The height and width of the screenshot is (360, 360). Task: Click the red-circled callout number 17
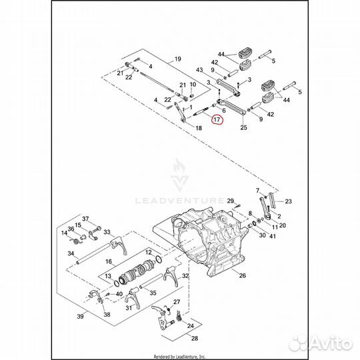217,119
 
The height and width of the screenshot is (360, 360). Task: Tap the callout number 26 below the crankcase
243,275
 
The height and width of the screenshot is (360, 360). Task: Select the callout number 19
178,59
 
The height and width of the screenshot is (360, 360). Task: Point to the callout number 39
80,317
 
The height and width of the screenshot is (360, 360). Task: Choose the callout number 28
195,338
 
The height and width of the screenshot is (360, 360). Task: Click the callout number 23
289,201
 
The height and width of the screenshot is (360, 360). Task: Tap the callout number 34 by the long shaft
71,253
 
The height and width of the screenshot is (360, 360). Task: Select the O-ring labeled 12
159,259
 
